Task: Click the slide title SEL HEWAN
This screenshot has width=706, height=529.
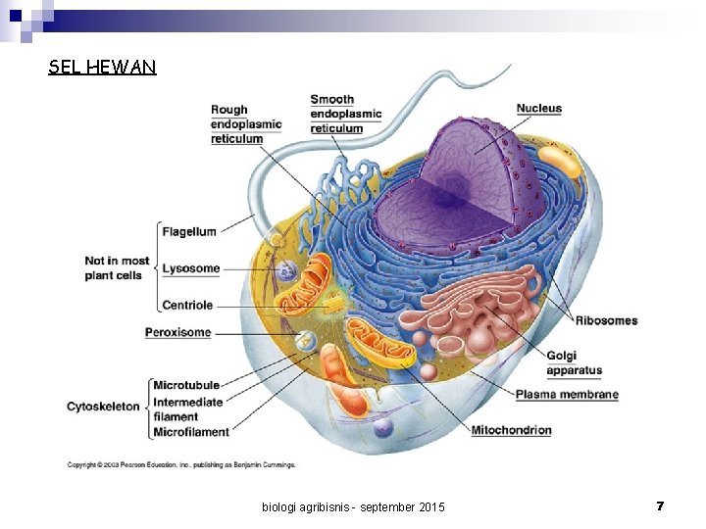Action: [102, 68]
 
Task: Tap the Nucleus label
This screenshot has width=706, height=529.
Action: [539, 108]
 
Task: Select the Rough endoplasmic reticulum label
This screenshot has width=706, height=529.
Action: [246, 124]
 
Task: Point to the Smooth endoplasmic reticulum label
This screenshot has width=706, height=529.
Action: [345, 114]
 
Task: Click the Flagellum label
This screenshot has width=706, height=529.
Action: [189, 232]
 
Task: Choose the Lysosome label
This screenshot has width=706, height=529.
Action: [191, 268]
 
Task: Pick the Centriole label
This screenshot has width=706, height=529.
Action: [187, 306]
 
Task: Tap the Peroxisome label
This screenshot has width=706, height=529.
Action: [178, 332]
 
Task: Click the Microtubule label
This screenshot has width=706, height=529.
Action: [186, 385]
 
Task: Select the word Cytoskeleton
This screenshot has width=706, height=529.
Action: [103, 406]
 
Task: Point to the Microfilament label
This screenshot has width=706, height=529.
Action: [191, 432]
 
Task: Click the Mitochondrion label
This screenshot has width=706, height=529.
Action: [511, 430]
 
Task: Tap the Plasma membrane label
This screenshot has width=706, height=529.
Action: [567, 395]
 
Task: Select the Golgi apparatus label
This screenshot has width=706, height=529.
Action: [575, 363]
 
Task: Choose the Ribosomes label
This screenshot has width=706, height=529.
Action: [606, 320]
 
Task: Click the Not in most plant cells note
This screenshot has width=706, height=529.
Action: [117, 268]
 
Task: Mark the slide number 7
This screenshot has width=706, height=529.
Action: [660, 505]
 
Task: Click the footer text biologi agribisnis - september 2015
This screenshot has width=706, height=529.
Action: [353, 506]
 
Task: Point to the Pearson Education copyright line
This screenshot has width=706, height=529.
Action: [180, 464]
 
